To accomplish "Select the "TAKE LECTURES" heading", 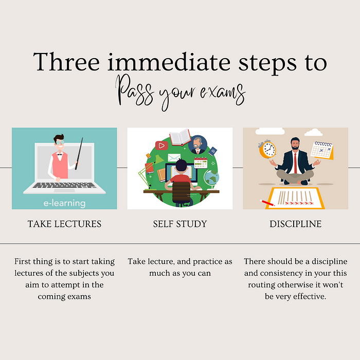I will pos(65,224).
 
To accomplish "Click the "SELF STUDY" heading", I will pos(180,224).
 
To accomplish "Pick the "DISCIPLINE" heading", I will pos(295,224).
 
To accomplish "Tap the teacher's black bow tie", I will pos(60,154).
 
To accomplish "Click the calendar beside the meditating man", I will pos(323,150).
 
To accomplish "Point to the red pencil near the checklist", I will pos(268,203).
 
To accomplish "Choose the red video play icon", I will pos(161,146).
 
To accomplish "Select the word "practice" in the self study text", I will pos(206,262).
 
